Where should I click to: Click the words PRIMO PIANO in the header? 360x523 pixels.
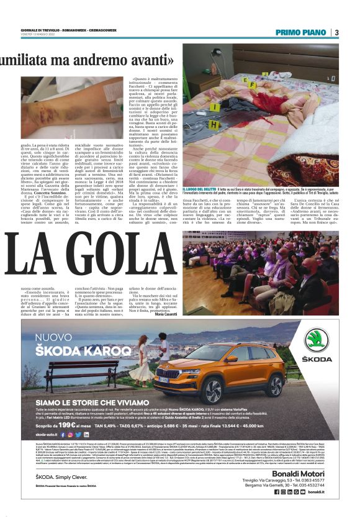[x=301, y=33]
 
